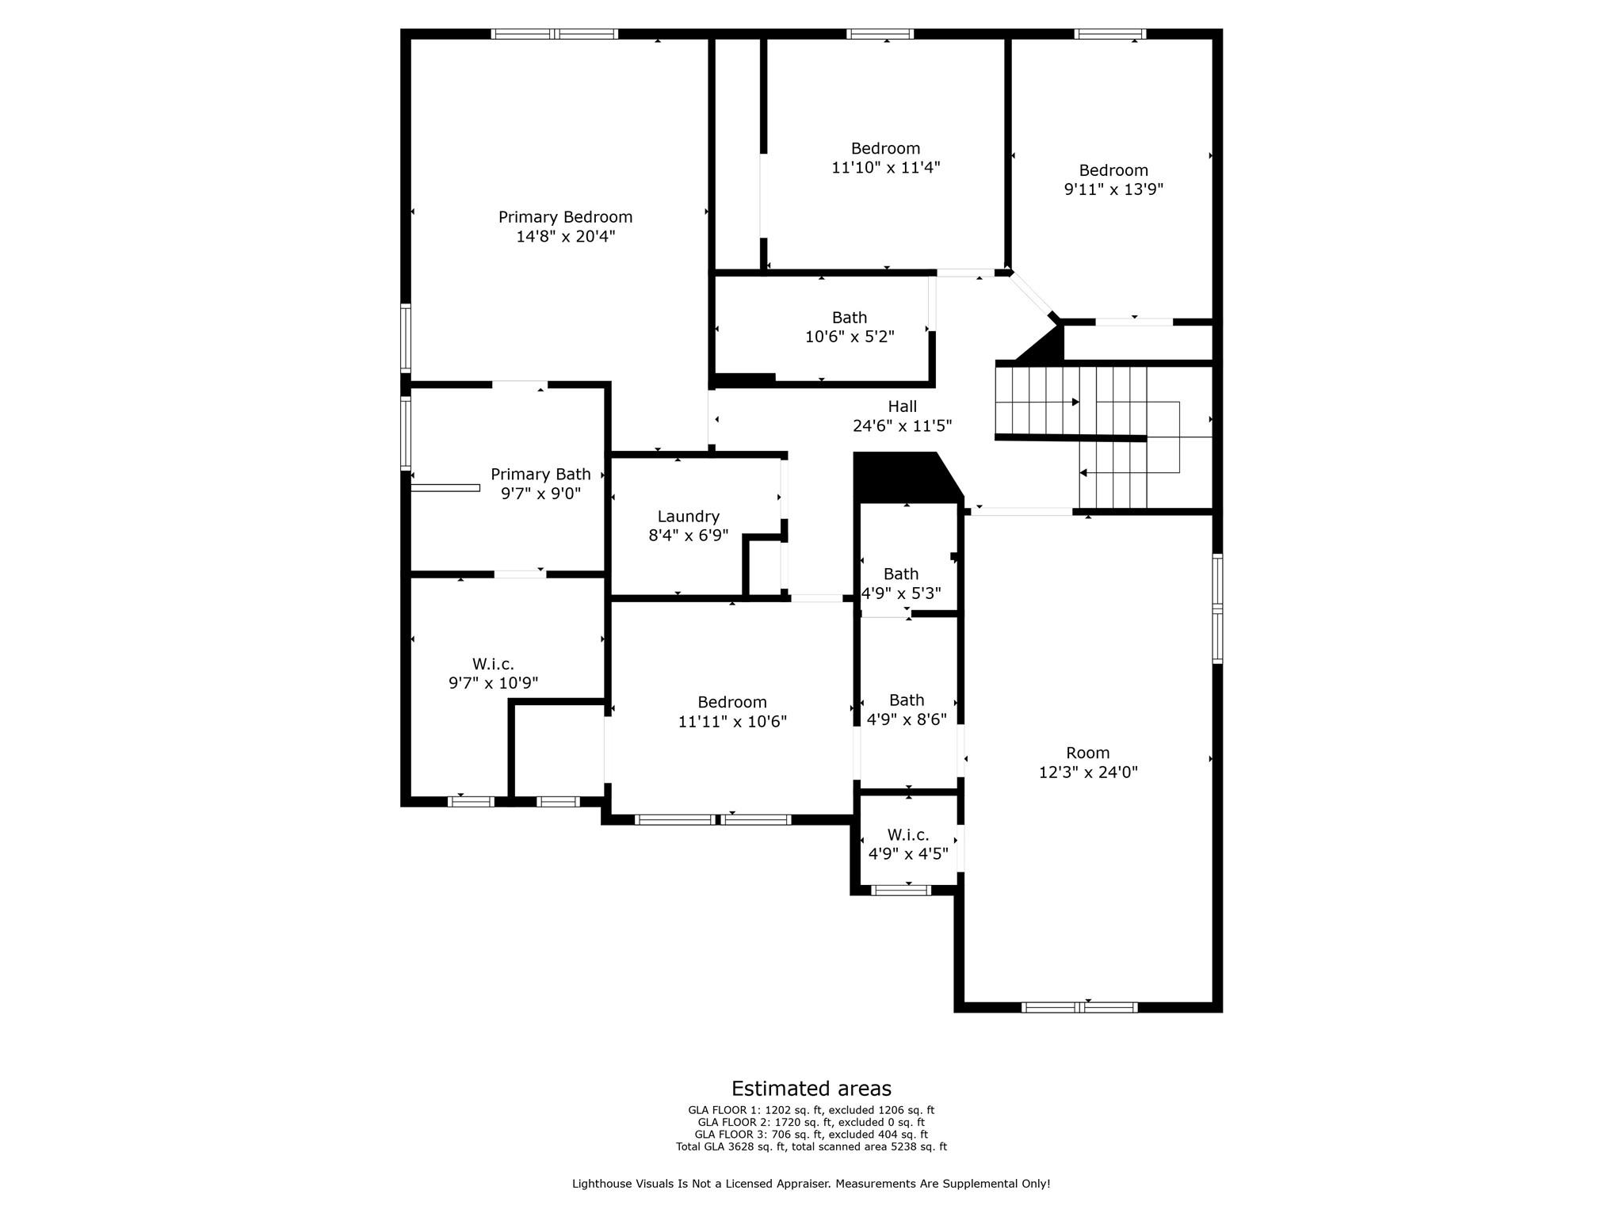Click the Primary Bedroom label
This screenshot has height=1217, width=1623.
(x=565, y=217)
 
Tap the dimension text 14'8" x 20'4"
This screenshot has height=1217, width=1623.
(x=565, y=236)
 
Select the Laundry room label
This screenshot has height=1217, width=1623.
(x=688, y=517)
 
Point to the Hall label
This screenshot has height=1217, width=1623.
(x=902, y=406)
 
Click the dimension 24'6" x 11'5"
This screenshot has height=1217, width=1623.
(x=902, y=425)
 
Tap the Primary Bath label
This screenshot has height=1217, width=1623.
(x=540, y=474)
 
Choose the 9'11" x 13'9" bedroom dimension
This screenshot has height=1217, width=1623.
(x=1113, y=189)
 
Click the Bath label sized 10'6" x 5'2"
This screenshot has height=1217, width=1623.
(x=850, y=318)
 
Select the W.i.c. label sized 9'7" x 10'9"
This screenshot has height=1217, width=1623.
(x=493, y=664)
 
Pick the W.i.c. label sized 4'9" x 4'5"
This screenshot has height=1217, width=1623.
(x=908, y=834)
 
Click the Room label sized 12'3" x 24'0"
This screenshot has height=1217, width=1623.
(x=1088, y=753)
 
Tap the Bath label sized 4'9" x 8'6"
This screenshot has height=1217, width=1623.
(x=907, y=700)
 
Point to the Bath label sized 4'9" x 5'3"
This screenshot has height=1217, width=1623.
(x=901, y=574)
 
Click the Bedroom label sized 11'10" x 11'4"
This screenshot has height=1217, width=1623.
(x=885, y=148)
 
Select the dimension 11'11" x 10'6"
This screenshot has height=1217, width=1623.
(x=732, y=722)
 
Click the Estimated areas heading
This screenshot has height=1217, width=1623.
(x=811, y=1089)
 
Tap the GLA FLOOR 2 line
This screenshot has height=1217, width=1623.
(x=811, y=1123)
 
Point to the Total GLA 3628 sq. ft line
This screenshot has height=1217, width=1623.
(x=811, y=1146)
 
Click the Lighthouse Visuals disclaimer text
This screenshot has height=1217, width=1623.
(x=811, y=1184)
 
